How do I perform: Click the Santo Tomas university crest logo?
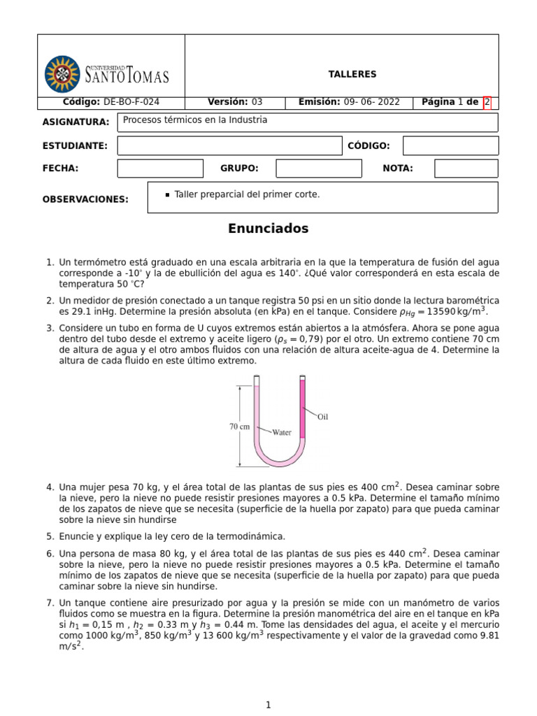pyautogui.click(x=62, y=74)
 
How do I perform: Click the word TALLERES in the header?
pyautogui.click(x=352, y=74)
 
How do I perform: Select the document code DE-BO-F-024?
pyautogui.click(x=131, y=102)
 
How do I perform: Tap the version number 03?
pyautogui.click(x=257, y=102)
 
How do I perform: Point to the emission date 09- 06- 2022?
pyautogui.click(x=372, y=102)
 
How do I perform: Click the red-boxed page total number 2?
pyautogui.click(x=487, y=102)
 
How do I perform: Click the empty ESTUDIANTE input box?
pyautogui.click(x=229, y=145)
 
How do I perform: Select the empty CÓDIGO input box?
pyautogui.click(x=451, y=145)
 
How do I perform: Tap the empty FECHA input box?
pyautogui.click(x=159, y=169)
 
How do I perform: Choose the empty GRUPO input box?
pyautogui.click(x=318, y=169)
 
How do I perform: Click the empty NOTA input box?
pyautogui.click(x=466, y=169)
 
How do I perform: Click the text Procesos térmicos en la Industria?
pyautogui.click(x=195, y=120)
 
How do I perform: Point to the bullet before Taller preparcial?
pyautogui.click(x=167, y=195)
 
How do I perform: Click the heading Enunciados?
pyautogui.click(x=268, y=229)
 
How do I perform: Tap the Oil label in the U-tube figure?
pyautogui.click(x=322, y=417)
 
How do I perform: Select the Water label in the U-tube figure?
pyautogui.click(x=282, y=432)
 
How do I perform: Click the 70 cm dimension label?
pyautogui.click(x=239, y=426)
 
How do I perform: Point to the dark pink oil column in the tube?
pyautogui.click(x=303, y=409)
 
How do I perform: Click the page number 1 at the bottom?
pyautogui.click(x=268, y=705)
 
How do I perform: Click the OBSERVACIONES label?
pyautogui.click(x=85, y=199)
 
